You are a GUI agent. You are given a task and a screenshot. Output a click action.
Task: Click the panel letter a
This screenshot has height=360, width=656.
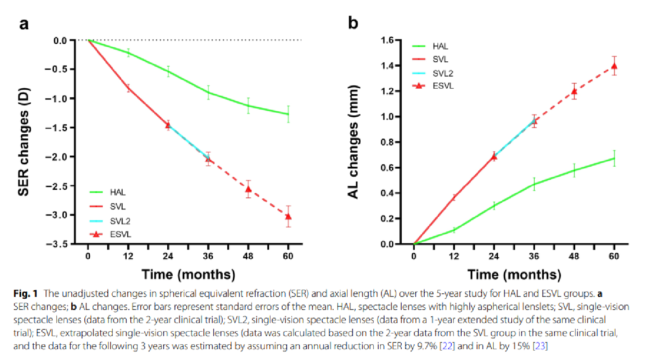24,23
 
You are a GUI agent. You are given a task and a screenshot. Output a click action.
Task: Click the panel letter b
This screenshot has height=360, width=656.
353,23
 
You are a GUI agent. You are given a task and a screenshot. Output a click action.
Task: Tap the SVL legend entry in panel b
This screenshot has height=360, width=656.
434,59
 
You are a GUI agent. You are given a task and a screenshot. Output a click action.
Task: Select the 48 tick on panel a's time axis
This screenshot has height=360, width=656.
248,256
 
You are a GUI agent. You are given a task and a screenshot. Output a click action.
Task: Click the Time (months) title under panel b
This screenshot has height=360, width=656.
514,274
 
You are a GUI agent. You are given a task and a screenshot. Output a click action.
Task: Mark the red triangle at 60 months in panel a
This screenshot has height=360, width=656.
288,216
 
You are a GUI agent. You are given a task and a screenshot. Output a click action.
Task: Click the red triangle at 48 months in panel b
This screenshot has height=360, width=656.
574,91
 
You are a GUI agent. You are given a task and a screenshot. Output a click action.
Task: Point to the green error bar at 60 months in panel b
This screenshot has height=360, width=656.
614,158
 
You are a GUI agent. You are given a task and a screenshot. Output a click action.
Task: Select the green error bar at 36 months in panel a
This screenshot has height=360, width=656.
208,92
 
